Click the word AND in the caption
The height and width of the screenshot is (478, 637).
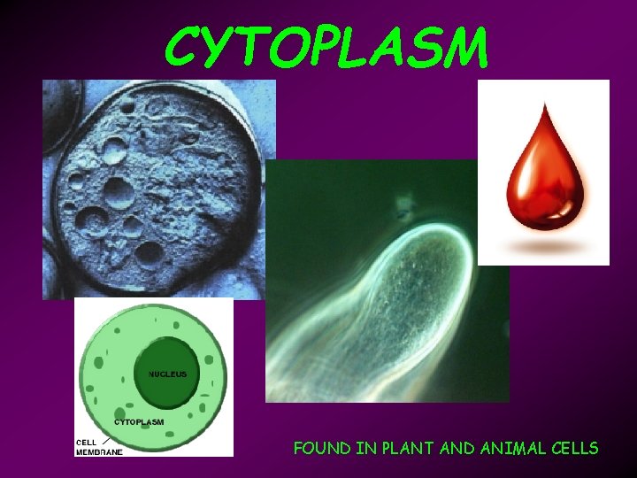coord(457,448)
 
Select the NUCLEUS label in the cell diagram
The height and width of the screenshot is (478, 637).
coord(167,374)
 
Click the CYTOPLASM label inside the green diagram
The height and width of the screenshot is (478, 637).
coord(138,421)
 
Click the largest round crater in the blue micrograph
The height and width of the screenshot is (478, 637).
coord(116,189)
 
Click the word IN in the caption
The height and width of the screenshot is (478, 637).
coord(365,448)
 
